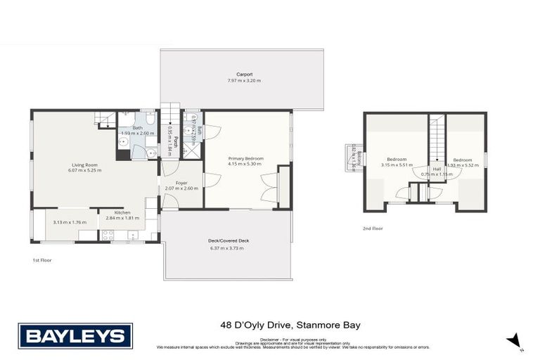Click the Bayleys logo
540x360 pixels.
pyautogui.click(x=75, y=335)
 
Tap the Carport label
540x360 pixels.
pyautogui.click(x=244, y=74)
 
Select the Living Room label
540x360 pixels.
pyautogui.click(x=82, y=165)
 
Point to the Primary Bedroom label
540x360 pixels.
pyautogui.click(x=245, y=158)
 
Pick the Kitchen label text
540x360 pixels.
pyautogui.click(x=122, y=212)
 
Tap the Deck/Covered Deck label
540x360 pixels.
pyautogui.click(x=229, y=240)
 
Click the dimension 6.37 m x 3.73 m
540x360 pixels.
pyautogui.click(x=226, y=248)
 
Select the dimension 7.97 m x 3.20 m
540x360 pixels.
pyautogui.click(x=244, y=81)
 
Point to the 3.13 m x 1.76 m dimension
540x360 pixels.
pyautogui.click(x=69, y=223)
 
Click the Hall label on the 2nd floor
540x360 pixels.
pyautogui.click(x=437, y=169)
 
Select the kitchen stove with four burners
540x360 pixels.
pyautogui.click(x=108, y=236)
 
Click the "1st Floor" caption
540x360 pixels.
pyautogui.click(x=41, y=259)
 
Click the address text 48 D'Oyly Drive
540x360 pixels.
pyautogui.click(x=250, y=326)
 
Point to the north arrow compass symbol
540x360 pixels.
pyautogui.click(x=516, y=341)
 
